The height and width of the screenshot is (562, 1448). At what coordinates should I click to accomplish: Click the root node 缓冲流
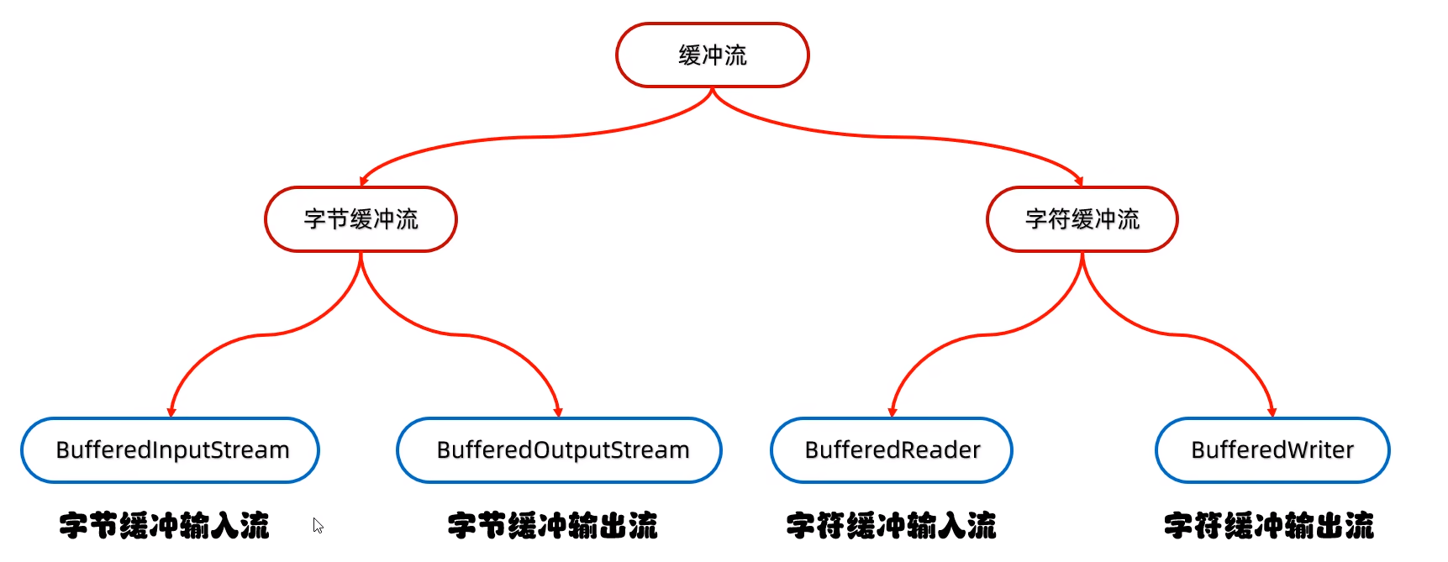[713, 55]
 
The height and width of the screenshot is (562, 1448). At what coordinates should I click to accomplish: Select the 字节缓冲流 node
[361, 219]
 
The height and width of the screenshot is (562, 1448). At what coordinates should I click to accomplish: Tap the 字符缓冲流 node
[1082, 219]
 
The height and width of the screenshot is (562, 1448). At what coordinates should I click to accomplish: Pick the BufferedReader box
[892, 450]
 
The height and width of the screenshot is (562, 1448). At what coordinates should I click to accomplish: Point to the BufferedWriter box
[1272, 450]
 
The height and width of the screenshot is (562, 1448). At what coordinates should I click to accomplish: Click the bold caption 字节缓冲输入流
[164, 526]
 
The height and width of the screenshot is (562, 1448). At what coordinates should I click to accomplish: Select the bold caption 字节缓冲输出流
[552, 526]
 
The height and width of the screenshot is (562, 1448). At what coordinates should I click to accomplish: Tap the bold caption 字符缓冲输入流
[891, 526]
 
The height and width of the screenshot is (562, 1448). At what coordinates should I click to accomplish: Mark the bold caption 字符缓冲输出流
[1268, 526]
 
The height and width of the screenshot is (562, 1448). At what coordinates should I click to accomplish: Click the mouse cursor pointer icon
[318, 525]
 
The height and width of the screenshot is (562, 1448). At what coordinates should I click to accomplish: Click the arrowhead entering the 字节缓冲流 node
[364, 181]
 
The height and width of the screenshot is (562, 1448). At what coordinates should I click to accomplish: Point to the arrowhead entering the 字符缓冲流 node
[1078, 181]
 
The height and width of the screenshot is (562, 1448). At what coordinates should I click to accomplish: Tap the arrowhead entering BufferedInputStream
[171, 412]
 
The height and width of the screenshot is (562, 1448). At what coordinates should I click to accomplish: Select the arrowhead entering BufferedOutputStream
[558, 412]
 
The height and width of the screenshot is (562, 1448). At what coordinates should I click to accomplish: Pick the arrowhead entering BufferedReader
[892, 412]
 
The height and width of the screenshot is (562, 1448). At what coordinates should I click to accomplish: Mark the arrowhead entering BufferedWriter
[1272, 412]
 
